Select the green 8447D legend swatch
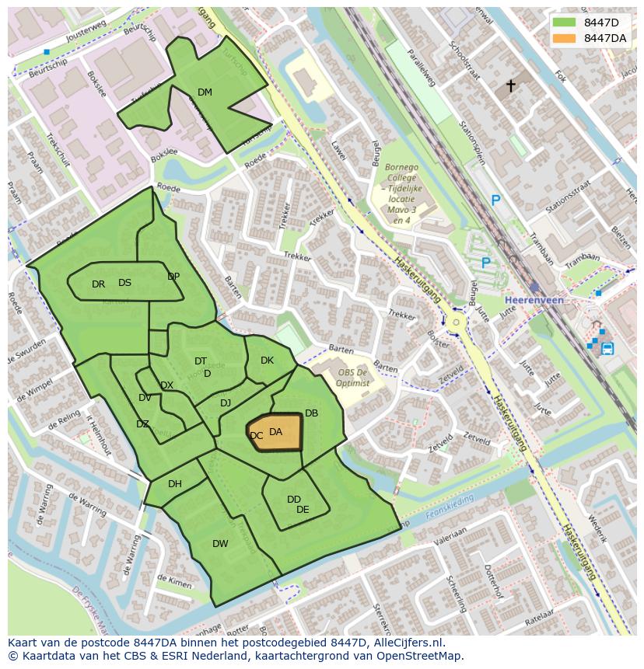point(564,22)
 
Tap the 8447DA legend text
point(604,38)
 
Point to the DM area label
point(205,92)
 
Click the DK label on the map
point(267,361)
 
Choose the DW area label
point(220,544)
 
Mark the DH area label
point(175,484)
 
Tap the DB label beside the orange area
point(311,413)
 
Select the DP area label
point(173,277)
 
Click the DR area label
point(98,284)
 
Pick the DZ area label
point(142,424)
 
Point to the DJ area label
point(226,402)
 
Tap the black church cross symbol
point(511,85)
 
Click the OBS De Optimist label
point(353,377)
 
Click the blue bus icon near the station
point(607,349)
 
